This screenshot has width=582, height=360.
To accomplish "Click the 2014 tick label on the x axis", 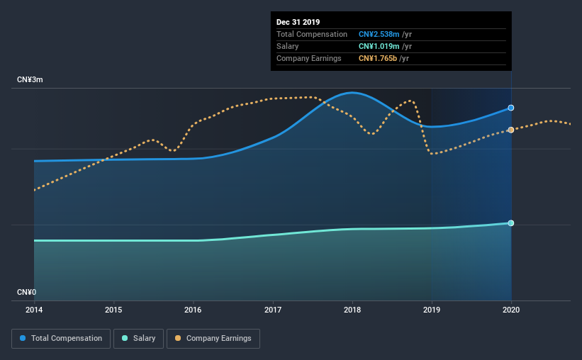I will coord(34,310).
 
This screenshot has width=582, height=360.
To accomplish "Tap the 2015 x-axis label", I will coord(113,310).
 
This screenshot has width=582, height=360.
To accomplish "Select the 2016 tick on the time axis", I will coord(193,310).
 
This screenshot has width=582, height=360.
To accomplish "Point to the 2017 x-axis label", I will coord(273,310).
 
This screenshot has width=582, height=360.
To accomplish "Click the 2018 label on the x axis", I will coord(352,310).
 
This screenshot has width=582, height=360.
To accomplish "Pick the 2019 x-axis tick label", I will coord(432,310).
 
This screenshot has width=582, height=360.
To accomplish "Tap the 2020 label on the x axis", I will coord(511,310).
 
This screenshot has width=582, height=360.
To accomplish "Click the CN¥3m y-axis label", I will coord(30,80).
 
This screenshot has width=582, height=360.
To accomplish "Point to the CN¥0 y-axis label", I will coord(27,292).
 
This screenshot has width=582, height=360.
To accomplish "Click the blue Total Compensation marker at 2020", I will coord(511,108).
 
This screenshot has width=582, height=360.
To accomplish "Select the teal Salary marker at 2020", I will coord(511,223).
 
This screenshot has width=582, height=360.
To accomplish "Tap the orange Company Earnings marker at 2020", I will coord(511,130).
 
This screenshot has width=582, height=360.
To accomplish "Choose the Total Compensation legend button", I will coord(61,339).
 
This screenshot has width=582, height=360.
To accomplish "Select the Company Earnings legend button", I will coord(213,339).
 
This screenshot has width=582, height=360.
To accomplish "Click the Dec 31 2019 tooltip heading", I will coord(299,22).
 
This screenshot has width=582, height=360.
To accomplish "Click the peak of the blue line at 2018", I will coord(352,92).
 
